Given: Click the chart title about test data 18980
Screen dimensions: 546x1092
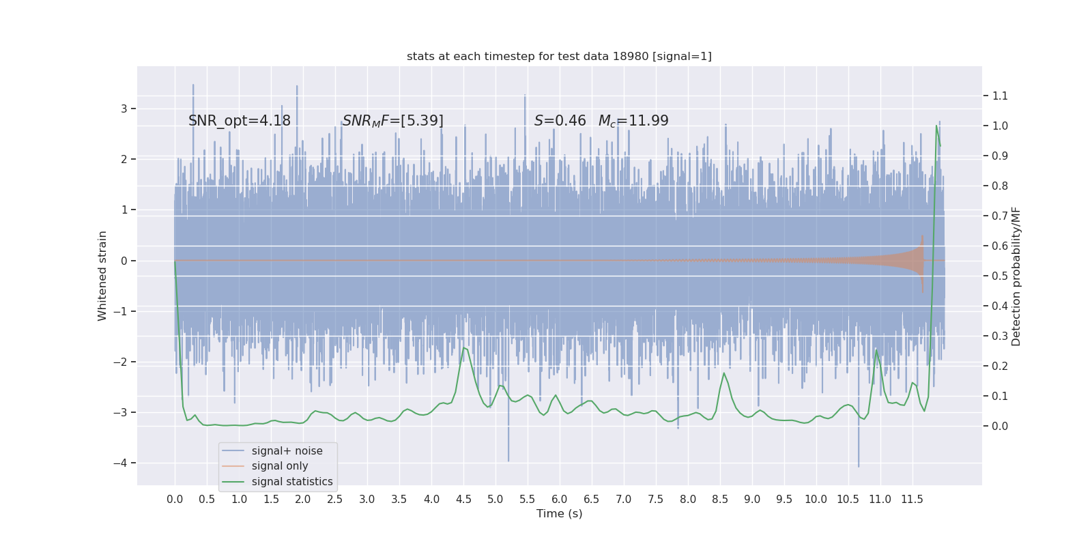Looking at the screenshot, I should point(559,56).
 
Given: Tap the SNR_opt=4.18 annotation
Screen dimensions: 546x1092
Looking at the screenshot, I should point(240,121).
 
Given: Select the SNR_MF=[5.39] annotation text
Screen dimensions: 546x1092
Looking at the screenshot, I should point(392,121).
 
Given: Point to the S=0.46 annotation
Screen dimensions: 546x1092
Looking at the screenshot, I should point(560,121).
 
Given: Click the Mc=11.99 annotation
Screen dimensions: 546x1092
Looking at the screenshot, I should point(633,121).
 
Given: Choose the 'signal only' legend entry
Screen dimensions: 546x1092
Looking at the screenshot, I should point(280,466).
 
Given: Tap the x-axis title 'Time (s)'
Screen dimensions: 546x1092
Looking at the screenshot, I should point(559,514).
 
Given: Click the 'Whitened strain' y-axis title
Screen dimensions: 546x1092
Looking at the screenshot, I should point(102,276).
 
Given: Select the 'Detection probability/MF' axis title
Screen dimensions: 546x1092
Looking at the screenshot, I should point(1016,276).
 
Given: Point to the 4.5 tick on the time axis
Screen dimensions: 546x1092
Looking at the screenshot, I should point(463,500).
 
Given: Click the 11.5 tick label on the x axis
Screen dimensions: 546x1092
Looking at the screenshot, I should point(912,500).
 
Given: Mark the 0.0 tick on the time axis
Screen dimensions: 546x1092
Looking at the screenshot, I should point(175,500).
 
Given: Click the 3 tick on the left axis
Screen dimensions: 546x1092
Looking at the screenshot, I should point(124,109).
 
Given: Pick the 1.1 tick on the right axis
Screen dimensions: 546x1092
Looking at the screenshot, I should point(1000,96).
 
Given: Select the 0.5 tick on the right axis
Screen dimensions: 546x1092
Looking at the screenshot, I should point(1000,276).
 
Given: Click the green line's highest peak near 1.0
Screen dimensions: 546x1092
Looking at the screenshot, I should point(936,126).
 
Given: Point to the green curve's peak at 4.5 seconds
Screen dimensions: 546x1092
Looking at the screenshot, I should point(464,348).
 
